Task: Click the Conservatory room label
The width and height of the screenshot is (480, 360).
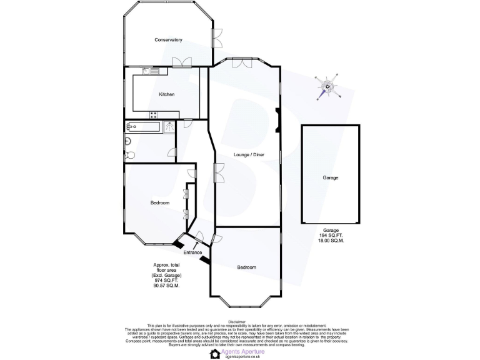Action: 168,40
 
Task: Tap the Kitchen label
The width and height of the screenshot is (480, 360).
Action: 166,94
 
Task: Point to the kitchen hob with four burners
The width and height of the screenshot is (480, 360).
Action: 154,114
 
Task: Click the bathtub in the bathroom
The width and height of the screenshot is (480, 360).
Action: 144,126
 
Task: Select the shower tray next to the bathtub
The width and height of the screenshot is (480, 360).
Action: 169,126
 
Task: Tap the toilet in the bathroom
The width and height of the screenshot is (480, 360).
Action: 129,154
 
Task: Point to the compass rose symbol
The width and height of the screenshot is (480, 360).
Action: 329,87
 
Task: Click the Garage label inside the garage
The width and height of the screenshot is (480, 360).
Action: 330,177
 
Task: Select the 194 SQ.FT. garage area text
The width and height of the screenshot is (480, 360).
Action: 331,235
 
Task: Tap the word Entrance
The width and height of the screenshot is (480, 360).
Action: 192,252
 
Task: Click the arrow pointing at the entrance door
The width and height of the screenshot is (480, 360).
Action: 202,259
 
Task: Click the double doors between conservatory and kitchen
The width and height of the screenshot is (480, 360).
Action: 183,61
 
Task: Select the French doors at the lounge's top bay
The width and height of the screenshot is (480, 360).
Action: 243,62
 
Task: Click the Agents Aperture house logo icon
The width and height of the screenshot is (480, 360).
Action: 216,353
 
